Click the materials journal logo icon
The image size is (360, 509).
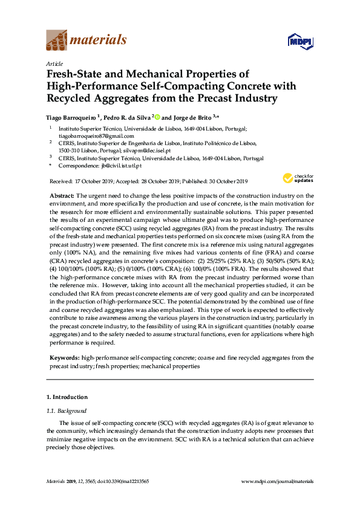pos(56,41)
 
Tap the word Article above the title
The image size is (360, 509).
pos(54,63)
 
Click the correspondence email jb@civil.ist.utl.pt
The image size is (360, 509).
pos(121,166)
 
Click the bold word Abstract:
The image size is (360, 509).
pos(61,196)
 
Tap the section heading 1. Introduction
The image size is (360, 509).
pos(67,397)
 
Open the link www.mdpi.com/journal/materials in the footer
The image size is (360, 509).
pos(278,481)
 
